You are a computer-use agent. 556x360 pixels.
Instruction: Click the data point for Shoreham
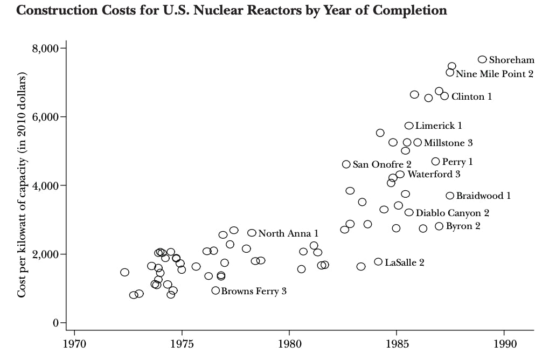[x=482, y=59]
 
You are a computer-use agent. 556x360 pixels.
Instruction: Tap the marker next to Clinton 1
[x=444, y=96]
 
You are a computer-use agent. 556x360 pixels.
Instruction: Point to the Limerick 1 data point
[x=408, y=126]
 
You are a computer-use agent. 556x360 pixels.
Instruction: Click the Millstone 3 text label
[x=448, y=143]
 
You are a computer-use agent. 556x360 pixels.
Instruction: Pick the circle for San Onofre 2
[x=346, y=164]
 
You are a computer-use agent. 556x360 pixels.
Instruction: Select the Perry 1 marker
[x=435, y=161]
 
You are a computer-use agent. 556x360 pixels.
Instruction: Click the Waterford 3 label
[x=434, y=174]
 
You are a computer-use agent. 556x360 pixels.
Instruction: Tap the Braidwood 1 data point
[x=450, y=196]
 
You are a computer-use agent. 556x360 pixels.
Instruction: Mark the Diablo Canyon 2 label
[x=452, y=213]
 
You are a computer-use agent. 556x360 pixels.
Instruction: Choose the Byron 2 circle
[x=439, y=226]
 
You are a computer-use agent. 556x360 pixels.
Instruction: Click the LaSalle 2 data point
[x=378, y=262]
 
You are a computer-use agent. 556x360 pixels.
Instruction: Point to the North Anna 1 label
[x=288, y=233]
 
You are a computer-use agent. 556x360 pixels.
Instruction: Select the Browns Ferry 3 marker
[x=216, y=290]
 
